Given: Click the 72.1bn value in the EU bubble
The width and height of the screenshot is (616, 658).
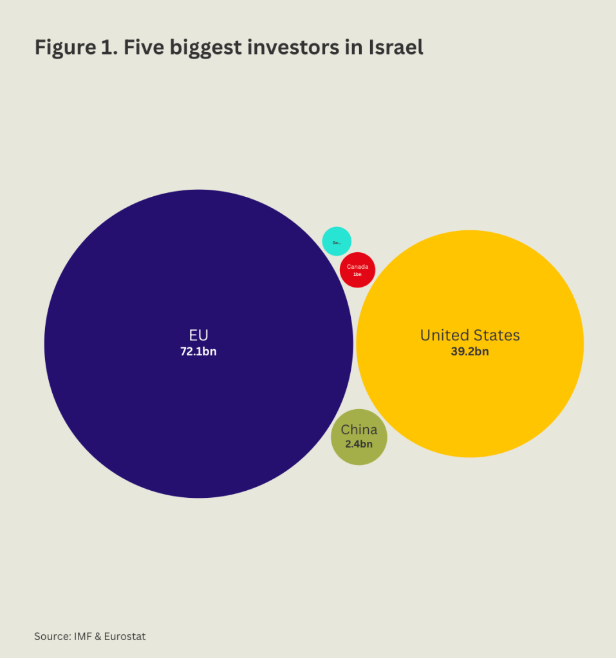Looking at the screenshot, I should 198,351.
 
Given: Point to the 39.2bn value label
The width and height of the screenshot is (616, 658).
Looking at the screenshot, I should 470,351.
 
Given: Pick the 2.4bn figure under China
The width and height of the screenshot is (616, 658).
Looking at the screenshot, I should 359,443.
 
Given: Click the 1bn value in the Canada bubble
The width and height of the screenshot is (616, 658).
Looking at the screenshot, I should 357,274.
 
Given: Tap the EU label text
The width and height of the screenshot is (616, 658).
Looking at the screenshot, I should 198,335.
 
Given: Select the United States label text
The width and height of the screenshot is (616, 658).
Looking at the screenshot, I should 470,335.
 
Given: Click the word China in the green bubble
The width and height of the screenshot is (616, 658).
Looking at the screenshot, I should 359,430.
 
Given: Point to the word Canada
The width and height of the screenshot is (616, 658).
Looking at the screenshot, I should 357,266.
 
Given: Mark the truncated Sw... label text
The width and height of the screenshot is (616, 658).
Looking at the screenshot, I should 336,242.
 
